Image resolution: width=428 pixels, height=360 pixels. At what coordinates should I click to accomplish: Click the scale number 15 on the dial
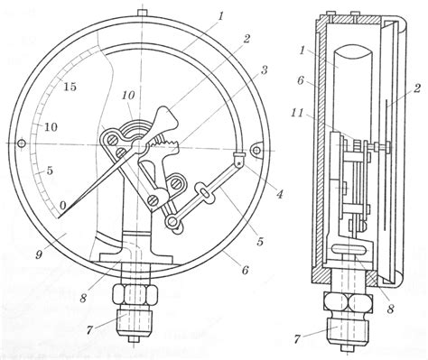[70, 87]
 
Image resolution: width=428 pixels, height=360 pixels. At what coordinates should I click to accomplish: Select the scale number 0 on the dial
[63, 206]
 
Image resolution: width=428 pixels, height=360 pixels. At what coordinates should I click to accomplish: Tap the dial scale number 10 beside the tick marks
[51, 127]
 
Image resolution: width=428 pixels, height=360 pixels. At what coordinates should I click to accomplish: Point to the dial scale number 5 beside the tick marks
[50, 171]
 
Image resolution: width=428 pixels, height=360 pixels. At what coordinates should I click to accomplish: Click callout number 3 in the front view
[264, 70]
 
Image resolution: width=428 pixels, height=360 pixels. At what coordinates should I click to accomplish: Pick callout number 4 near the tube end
[279, 194]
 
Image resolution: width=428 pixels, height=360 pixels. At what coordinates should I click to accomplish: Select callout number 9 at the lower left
[40, 254]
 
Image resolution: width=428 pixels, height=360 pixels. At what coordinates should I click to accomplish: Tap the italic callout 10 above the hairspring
[128, 96]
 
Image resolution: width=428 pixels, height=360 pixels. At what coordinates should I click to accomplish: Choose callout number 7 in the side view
[297, 339]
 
